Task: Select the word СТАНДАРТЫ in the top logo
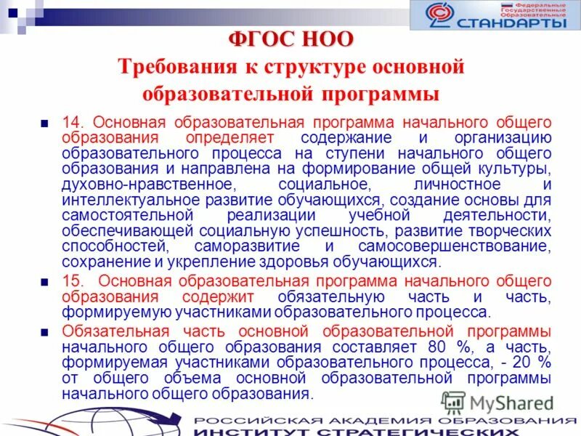(513, 23)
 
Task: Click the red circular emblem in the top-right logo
(438, 16)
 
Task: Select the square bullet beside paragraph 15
(45, 283)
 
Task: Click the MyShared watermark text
(512, 403)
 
